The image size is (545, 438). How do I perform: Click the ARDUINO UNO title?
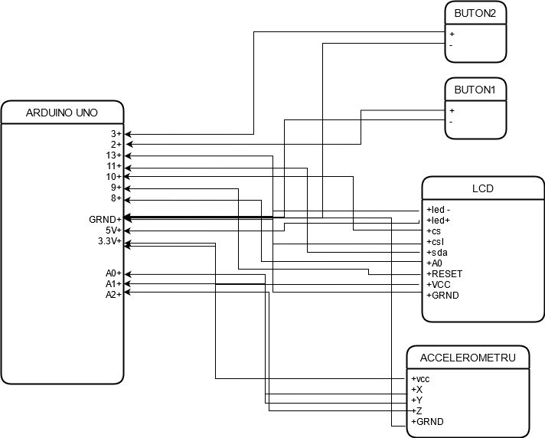pos(62,113)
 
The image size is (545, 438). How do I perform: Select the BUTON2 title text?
pos(475,13)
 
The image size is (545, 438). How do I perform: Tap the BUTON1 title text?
pos(475,90)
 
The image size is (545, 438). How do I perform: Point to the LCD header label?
pos(483,188)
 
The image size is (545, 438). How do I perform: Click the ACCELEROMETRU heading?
pos(468,358)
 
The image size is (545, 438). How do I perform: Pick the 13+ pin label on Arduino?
pos(114,155)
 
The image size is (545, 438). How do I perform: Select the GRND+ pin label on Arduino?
pos(106,220)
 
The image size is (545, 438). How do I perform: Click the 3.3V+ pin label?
pos(109,241)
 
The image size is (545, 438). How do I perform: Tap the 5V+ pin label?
pos(113,230)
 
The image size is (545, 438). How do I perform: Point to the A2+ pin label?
pos(113,295)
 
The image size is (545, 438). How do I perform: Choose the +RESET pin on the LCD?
pos(445,274)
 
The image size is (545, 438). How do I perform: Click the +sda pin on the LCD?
pos(437,253)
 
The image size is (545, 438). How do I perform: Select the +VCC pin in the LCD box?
pos(439,285)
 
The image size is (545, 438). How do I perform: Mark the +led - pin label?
pos(439,210)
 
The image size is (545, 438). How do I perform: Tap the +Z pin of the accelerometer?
pos(416,411)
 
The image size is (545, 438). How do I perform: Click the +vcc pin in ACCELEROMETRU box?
pos(420,379)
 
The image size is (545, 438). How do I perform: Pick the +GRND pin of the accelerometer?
pos(427,422)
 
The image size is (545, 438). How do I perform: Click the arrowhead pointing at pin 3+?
pos(128,134)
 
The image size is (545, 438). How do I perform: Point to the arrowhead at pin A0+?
pos(128,274)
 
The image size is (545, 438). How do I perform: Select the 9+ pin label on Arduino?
pos(116,188)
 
